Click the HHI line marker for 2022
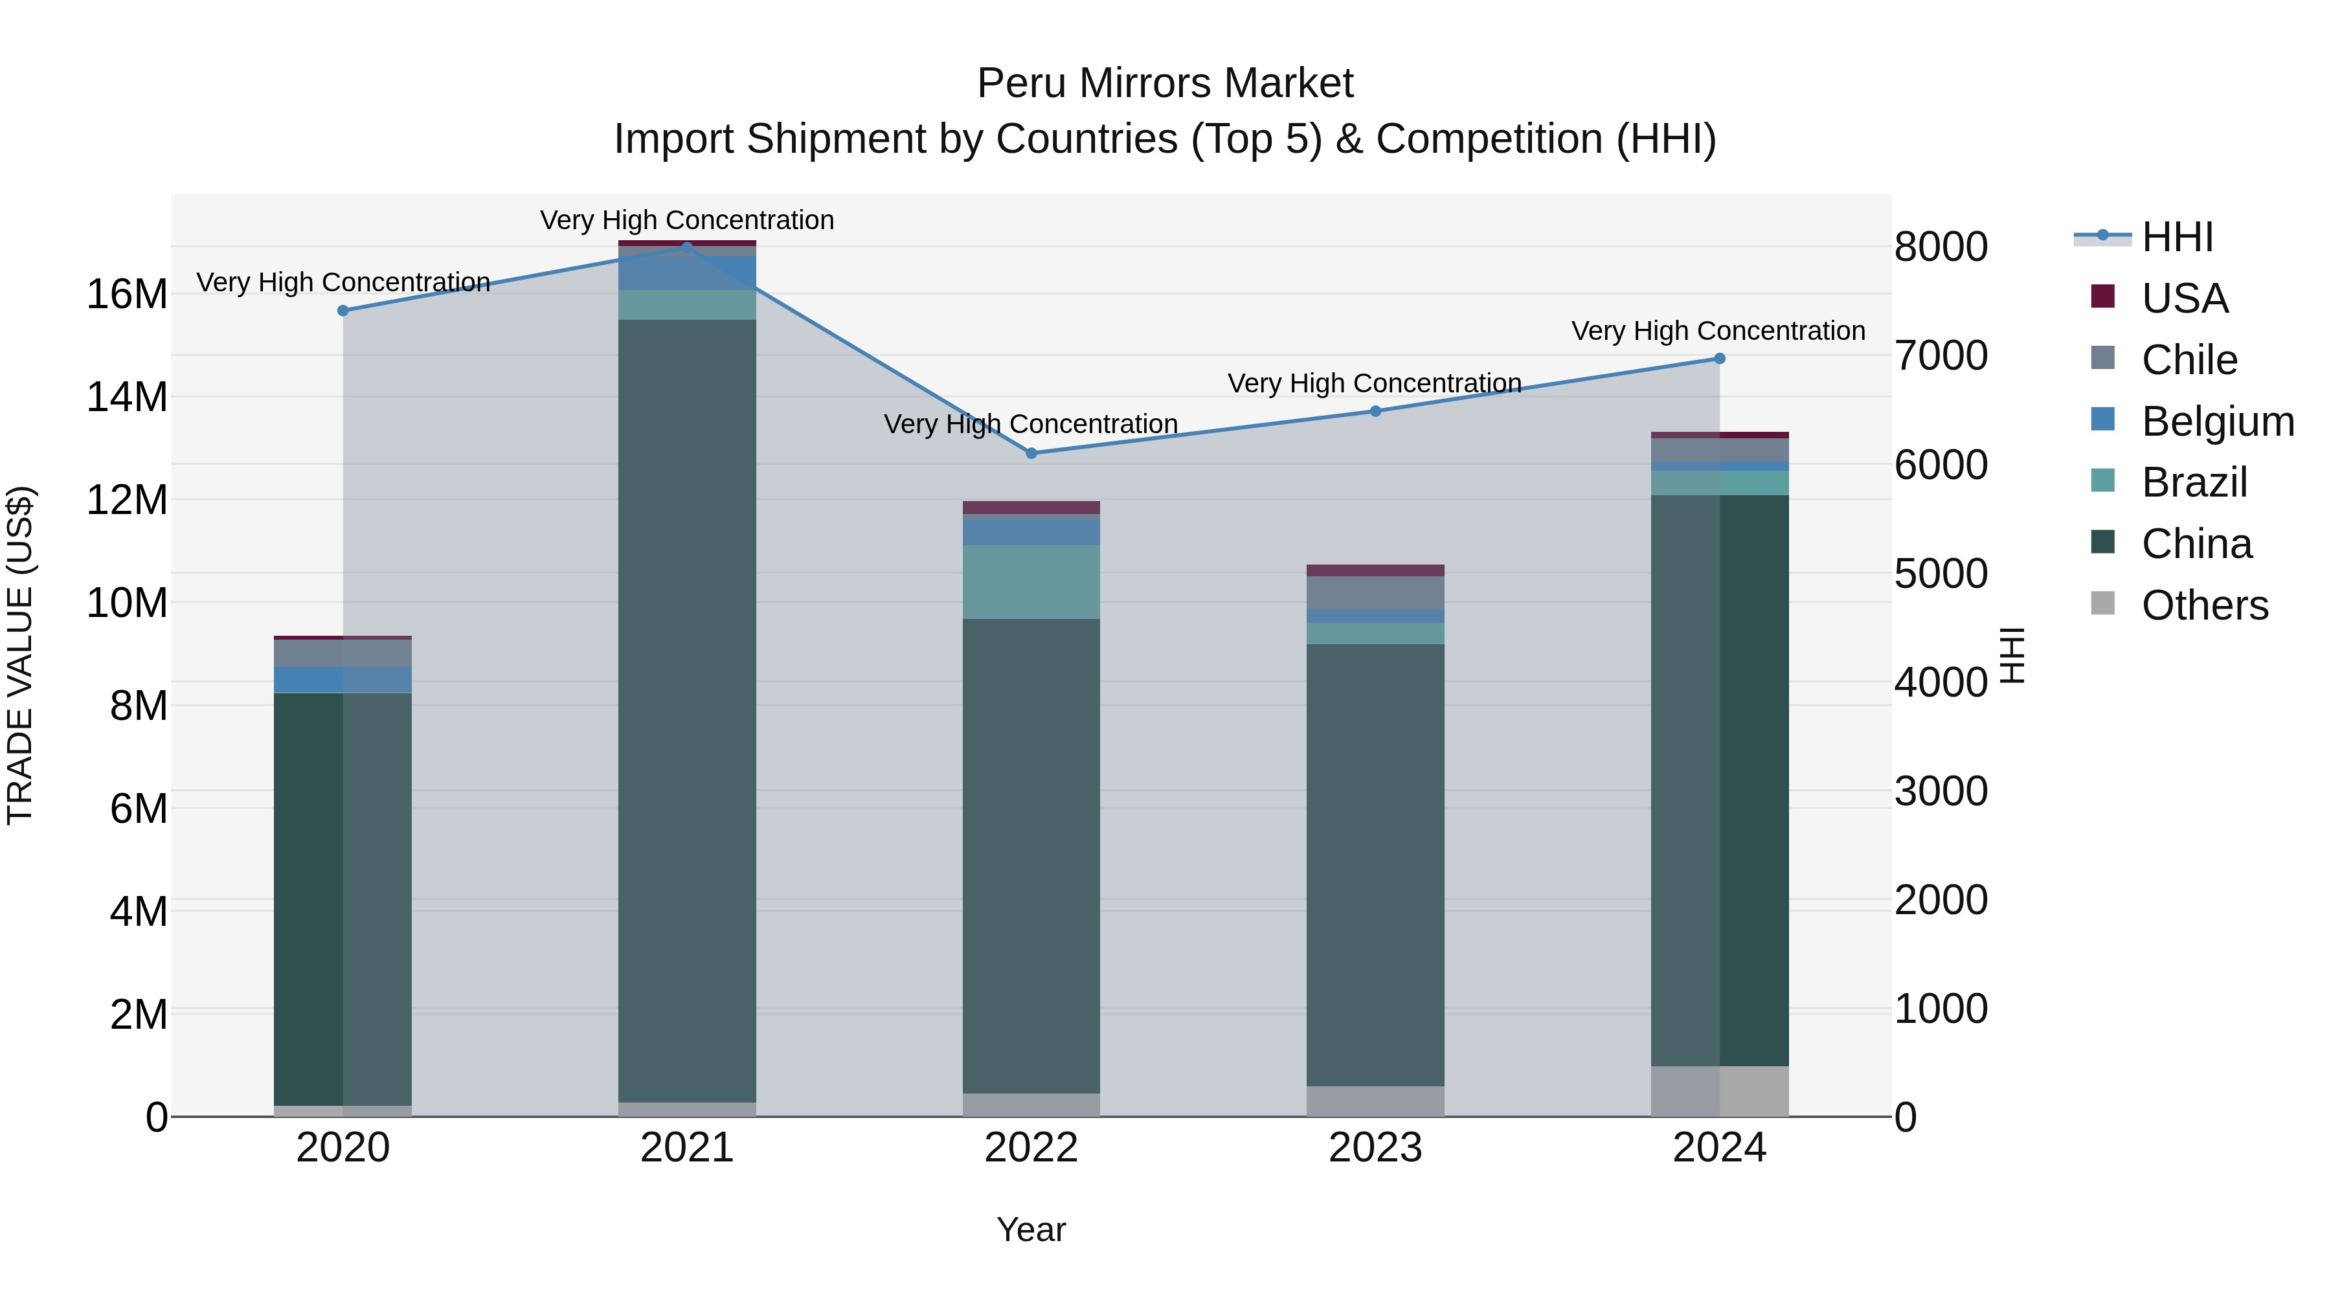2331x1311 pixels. (1031, 453)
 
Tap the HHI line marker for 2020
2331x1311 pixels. (343, 310)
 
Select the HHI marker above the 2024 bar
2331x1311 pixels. (1719, 358)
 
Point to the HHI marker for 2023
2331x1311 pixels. (1375, 410)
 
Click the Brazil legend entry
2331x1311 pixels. (2194, 482)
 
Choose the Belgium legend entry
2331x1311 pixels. (2217, 421)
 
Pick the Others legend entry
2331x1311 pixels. (2204, 605)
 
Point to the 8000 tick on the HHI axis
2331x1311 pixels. (1941, 247)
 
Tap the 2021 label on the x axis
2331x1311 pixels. (687, 1148)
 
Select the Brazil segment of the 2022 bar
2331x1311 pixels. (1031, 582)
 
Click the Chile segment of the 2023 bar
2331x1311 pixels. (1375, 592)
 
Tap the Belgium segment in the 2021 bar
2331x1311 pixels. (687, 273)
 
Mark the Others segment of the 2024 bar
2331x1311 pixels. (1719, 1090)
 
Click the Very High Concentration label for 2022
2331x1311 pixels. (1031, 423)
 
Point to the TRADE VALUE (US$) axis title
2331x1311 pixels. (20, 655)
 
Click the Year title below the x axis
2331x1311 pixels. (1031, 1229)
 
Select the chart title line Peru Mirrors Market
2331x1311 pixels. (1165, 84)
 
